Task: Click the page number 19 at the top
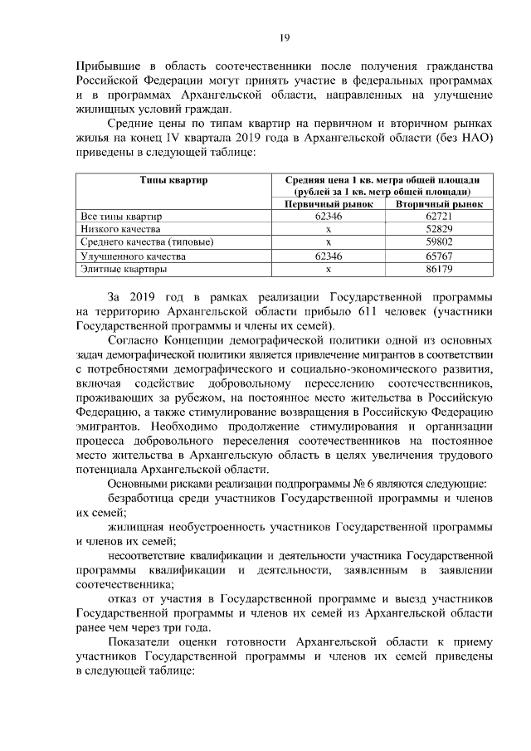click(283, 37)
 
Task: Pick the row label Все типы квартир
click(119, 216)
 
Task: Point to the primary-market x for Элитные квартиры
click(329, 270)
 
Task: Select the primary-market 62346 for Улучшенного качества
click(329, 256)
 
